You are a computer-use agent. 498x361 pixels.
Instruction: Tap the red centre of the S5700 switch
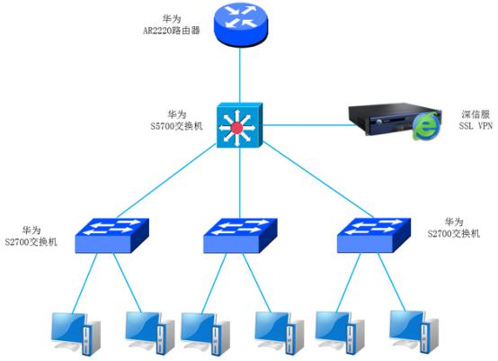pyautogui.click(x=237, y=129)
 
